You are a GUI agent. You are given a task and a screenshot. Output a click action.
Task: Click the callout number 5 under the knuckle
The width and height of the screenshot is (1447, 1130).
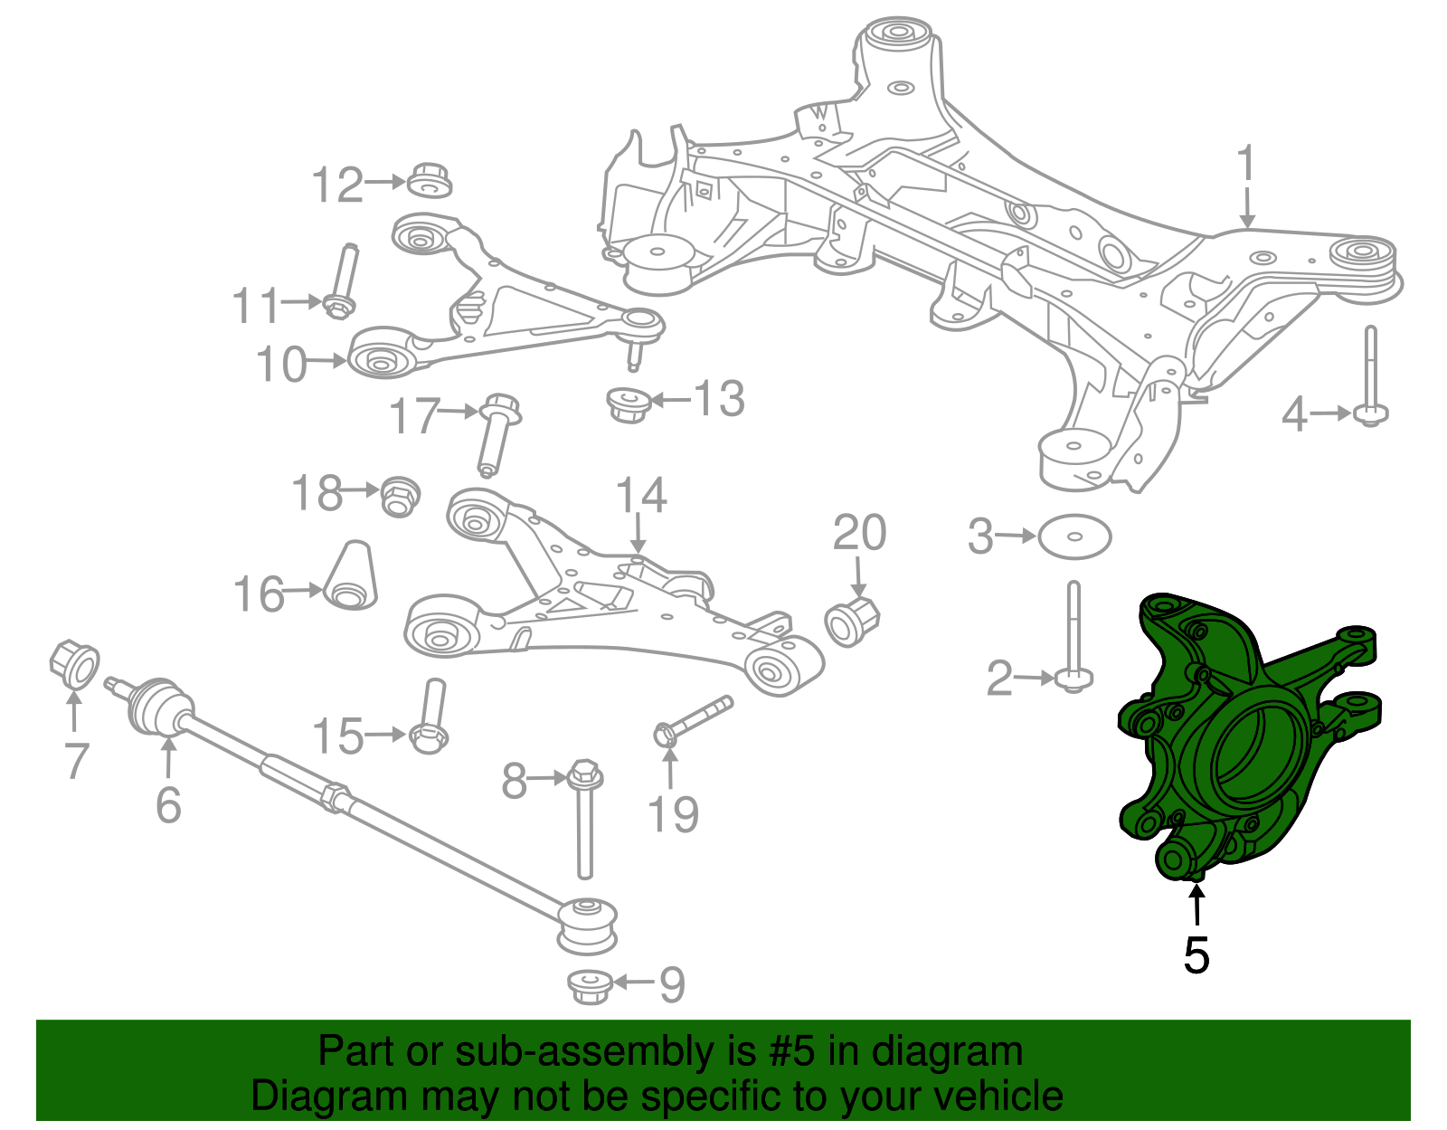(1196, 954)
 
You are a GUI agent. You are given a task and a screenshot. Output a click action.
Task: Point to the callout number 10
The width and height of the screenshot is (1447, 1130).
(281, 365)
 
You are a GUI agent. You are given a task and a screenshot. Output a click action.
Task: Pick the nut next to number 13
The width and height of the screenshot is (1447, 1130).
(628, 403)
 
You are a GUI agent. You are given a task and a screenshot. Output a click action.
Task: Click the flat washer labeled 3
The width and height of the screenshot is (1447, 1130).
(1074, 537)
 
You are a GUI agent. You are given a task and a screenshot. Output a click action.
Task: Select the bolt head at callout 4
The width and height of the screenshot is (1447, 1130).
(1370, 415)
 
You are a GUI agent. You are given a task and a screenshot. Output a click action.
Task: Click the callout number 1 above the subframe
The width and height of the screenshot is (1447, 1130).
(1247, 164)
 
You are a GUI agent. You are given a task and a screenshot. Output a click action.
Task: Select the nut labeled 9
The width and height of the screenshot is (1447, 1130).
(590, 984)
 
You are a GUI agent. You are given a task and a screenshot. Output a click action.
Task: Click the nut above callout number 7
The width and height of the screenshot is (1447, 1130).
(75, 665)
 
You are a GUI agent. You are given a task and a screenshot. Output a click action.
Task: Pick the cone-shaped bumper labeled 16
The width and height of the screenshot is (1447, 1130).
(351, 576)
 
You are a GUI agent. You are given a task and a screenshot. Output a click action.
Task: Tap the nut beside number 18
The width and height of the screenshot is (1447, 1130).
(399, 495)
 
